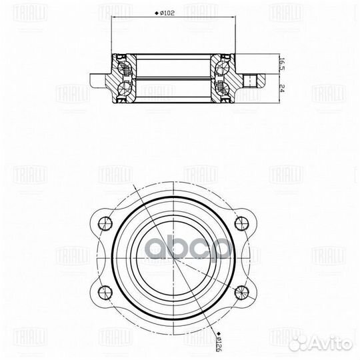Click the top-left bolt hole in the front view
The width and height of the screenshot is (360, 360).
tap(103, 223)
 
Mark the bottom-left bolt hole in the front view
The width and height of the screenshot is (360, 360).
tap(103, 291)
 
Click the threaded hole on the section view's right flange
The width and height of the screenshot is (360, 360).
tap(251, 82)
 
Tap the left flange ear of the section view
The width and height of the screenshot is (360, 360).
tap(99, 77)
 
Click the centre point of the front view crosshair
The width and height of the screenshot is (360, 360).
tap(173, 257)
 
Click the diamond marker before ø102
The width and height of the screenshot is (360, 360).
tap(156, 13)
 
